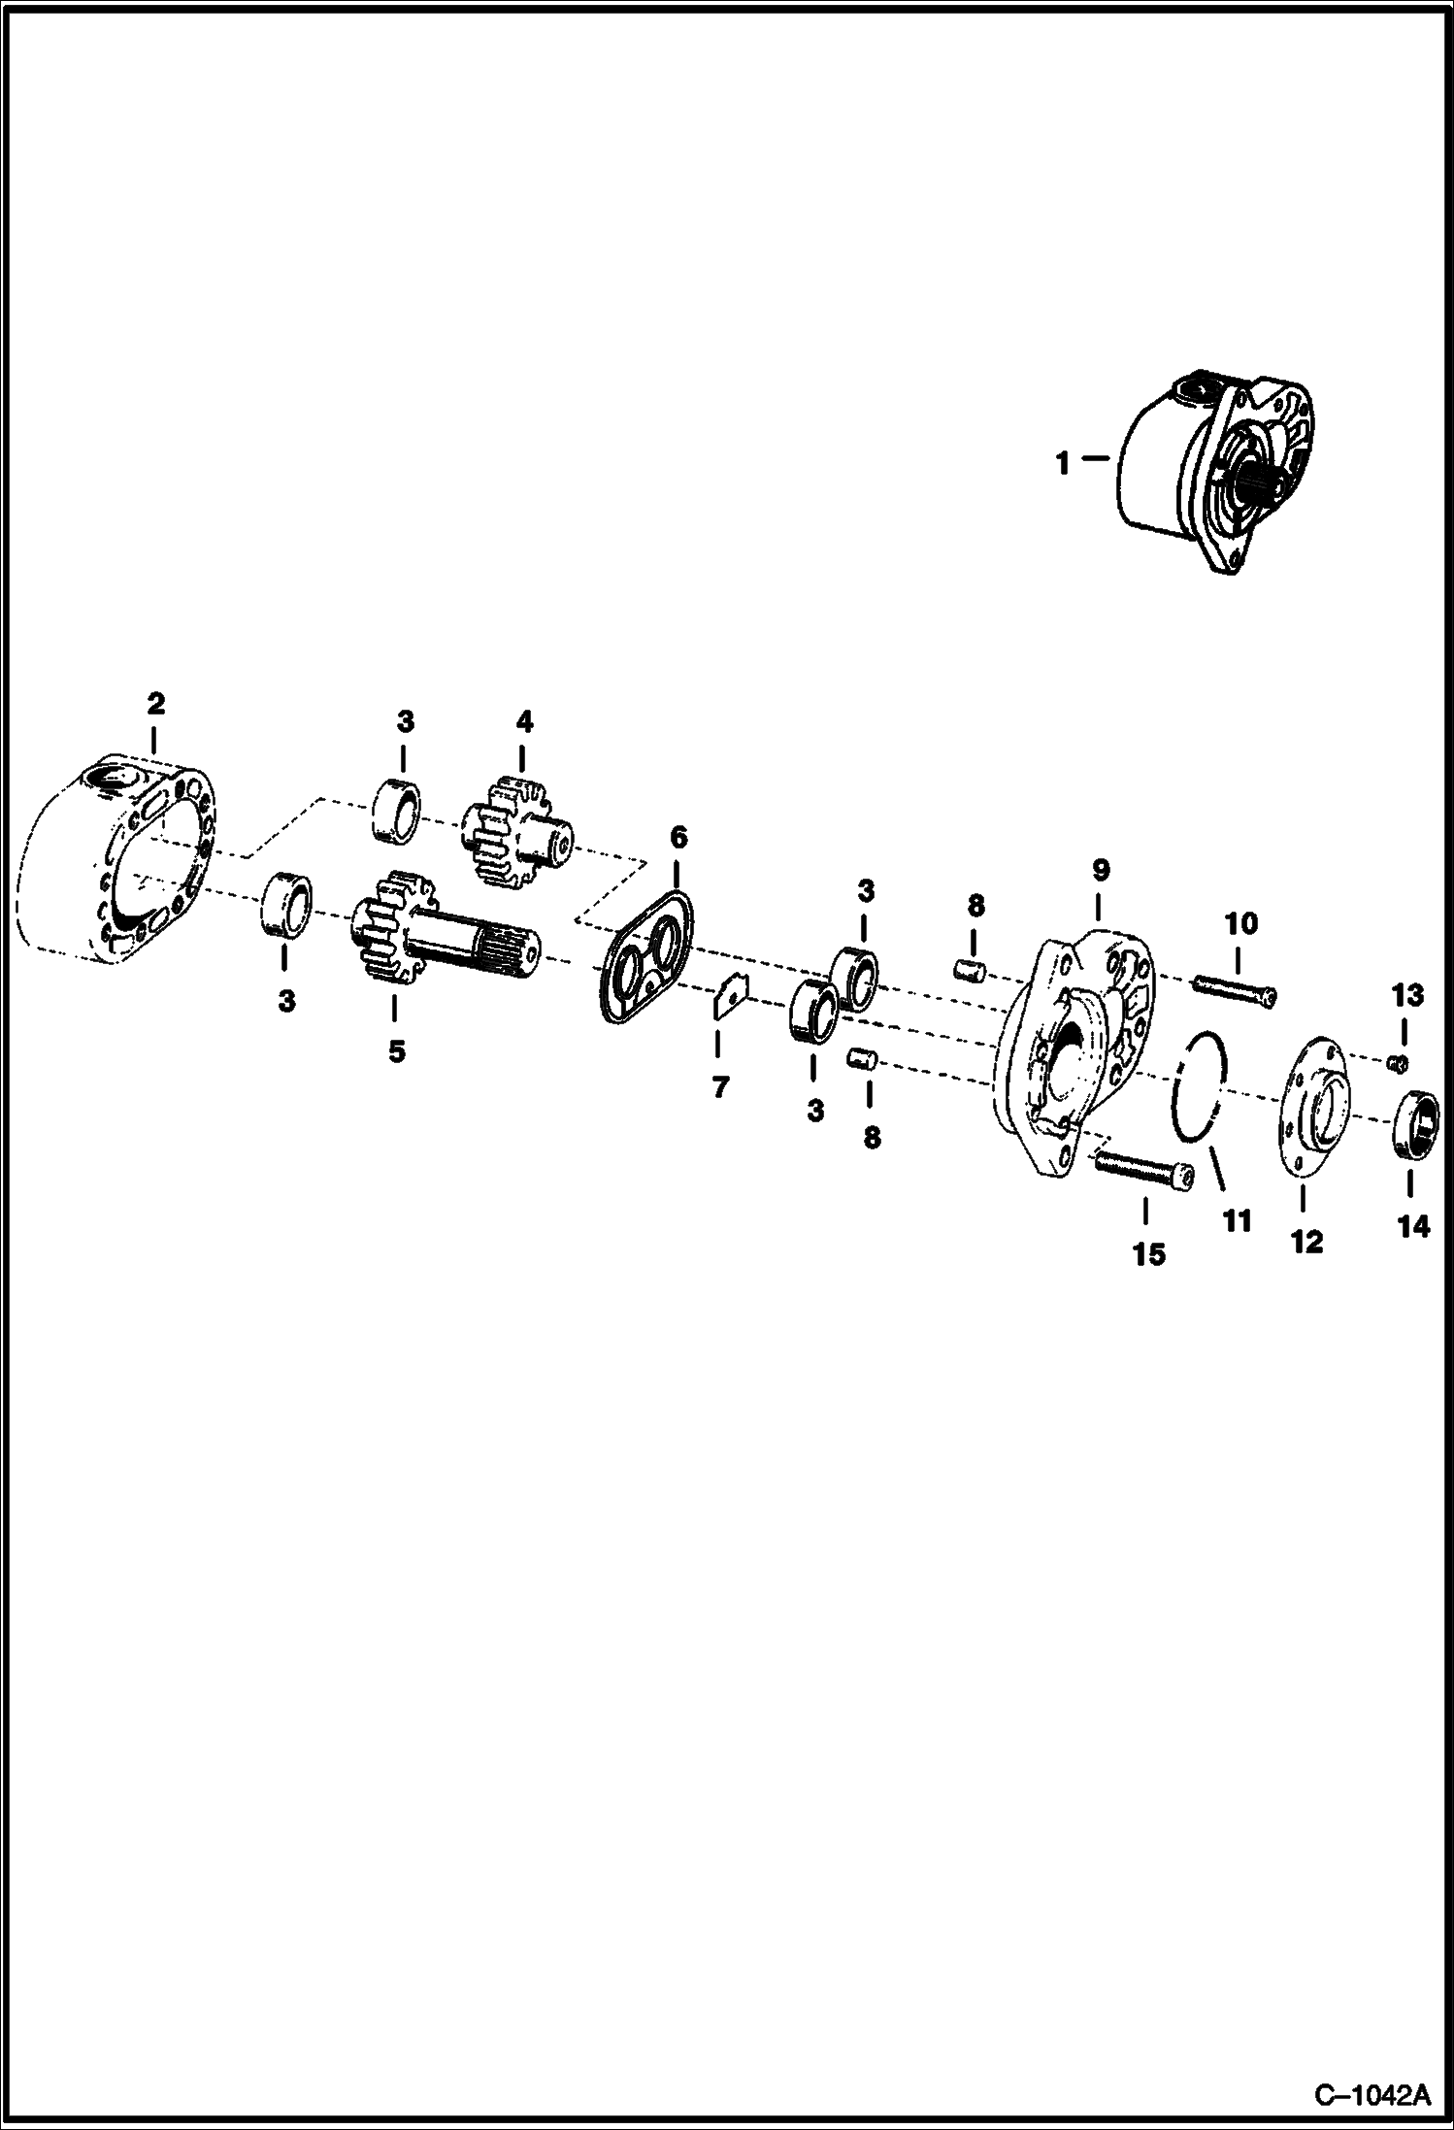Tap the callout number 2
tap(155, 703)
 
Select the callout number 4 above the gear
tap(524, 721)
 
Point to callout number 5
tap(396, 1051)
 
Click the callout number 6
tap(678, 836)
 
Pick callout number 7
tap(719, 1088)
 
